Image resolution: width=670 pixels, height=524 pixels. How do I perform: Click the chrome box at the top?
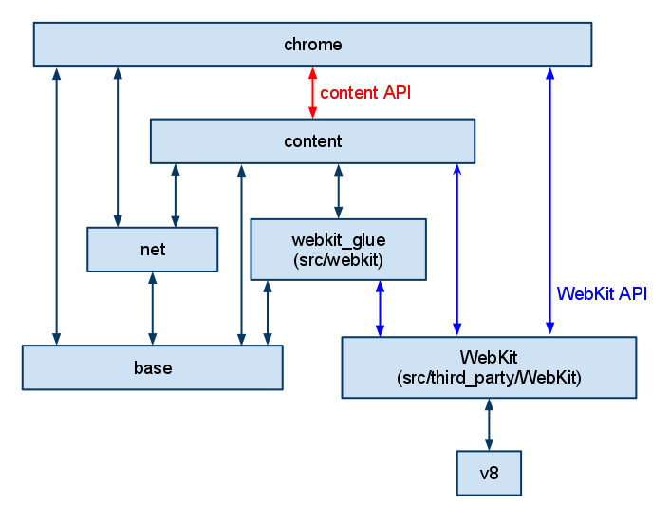coord(312,45)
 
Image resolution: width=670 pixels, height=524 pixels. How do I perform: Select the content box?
coord(312,141)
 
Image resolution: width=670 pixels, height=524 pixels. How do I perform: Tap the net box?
coord(152,250)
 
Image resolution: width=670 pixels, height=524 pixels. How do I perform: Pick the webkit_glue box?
coord(338,249)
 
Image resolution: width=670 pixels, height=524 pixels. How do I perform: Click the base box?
coord(152,367)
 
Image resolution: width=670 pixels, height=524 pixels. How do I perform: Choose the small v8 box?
coord(489,473)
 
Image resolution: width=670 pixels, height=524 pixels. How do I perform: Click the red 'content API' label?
coord(365,93)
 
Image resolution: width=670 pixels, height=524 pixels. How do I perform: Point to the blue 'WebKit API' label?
coord(602,293)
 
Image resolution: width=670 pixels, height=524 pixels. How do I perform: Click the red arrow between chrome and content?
coord(312,93)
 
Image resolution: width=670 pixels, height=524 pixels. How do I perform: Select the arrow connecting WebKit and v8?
coord(489,425)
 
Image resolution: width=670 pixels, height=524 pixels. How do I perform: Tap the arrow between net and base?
coord(152,309)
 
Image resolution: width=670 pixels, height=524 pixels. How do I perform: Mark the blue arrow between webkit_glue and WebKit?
coord(380,309)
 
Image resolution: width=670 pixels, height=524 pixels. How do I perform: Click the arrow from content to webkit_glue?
coord(338,191)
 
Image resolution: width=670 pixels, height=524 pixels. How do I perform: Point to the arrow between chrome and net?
coord(118,147)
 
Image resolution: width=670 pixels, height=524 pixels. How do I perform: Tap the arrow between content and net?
coord(175,196)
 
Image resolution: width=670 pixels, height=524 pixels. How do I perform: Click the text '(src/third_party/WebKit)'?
coord(488,377)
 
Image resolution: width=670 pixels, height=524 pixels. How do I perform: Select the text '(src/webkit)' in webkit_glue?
coord(338,258)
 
